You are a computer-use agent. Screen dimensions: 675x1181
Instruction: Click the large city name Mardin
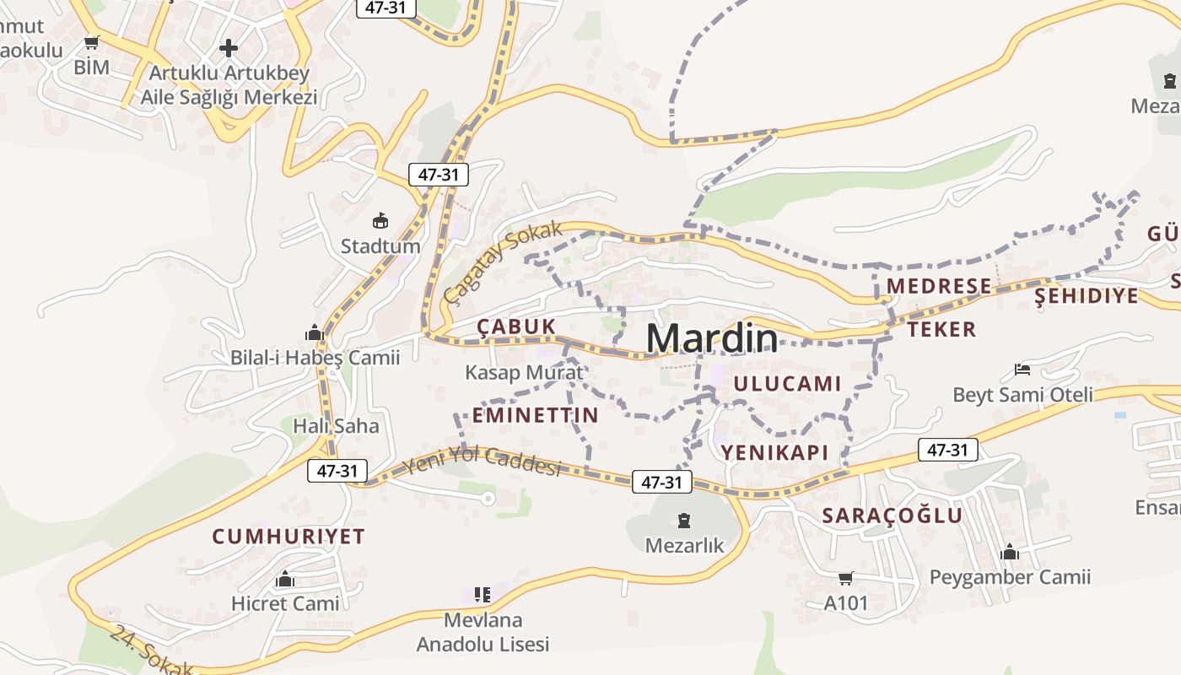click(712, 338)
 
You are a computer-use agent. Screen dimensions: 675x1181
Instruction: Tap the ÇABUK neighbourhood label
click(516, 327)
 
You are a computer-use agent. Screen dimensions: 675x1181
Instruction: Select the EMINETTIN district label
click(535, 415)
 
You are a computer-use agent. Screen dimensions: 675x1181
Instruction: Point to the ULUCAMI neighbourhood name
click(787, 384)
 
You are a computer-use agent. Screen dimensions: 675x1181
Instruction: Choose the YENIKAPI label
click(774, 452)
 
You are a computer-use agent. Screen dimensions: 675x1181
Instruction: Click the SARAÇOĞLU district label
click(892, 516)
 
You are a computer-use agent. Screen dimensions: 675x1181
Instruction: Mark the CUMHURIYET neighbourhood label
click(288, 537)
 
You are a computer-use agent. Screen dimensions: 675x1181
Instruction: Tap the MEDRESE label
click(939, 286)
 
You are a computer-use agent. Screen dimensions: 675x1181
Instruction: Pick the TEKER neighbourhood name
click(941, 329)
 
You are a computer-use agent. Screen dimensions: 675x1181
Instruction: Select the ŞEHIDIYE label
click(1087, 296)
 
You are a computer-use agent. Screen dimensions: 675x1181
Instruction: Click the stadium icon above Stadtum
click(380, 221)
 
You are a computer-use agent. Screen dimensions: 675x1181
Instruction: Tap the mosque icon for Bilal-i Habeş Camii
click(315, 333)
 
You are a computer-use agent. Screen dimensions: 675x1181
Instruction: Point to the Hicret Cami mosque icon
click(285, 580)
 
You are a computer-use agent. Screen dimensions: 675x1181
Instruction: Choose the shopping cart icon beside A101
click(846, 579)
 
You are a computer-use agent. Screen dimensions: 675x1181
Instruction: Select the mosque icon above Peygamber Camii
click(1010, 553)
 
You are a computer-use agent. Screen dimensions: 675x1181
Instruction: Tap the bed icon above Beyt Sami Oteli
click(1022, 370)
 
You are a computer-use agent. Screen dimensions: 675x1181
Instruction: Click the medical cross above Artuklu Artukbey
click(229, 48)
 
